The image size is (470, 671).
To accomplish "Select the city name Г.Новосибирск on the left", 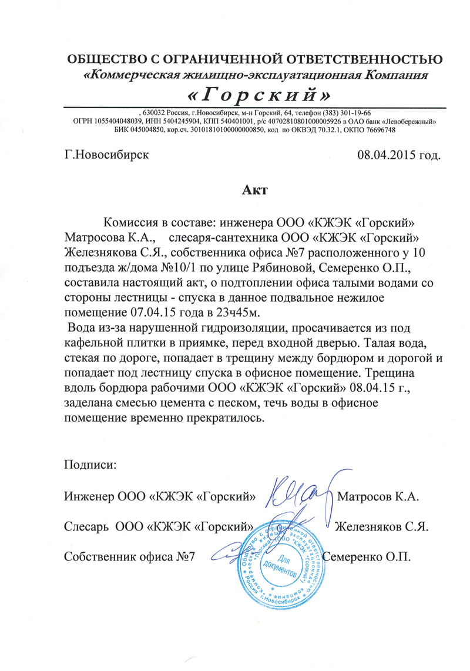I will click(x=106, y=155).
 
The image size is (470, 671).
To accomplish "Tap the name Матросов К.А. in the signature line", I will click(x=378, y=497).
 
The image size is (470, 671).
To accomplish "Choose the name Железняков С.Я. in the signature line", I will click(x=380, y=526).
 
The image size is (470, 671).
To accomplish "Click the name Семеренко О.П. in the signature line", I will click(x=370, y=556).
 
